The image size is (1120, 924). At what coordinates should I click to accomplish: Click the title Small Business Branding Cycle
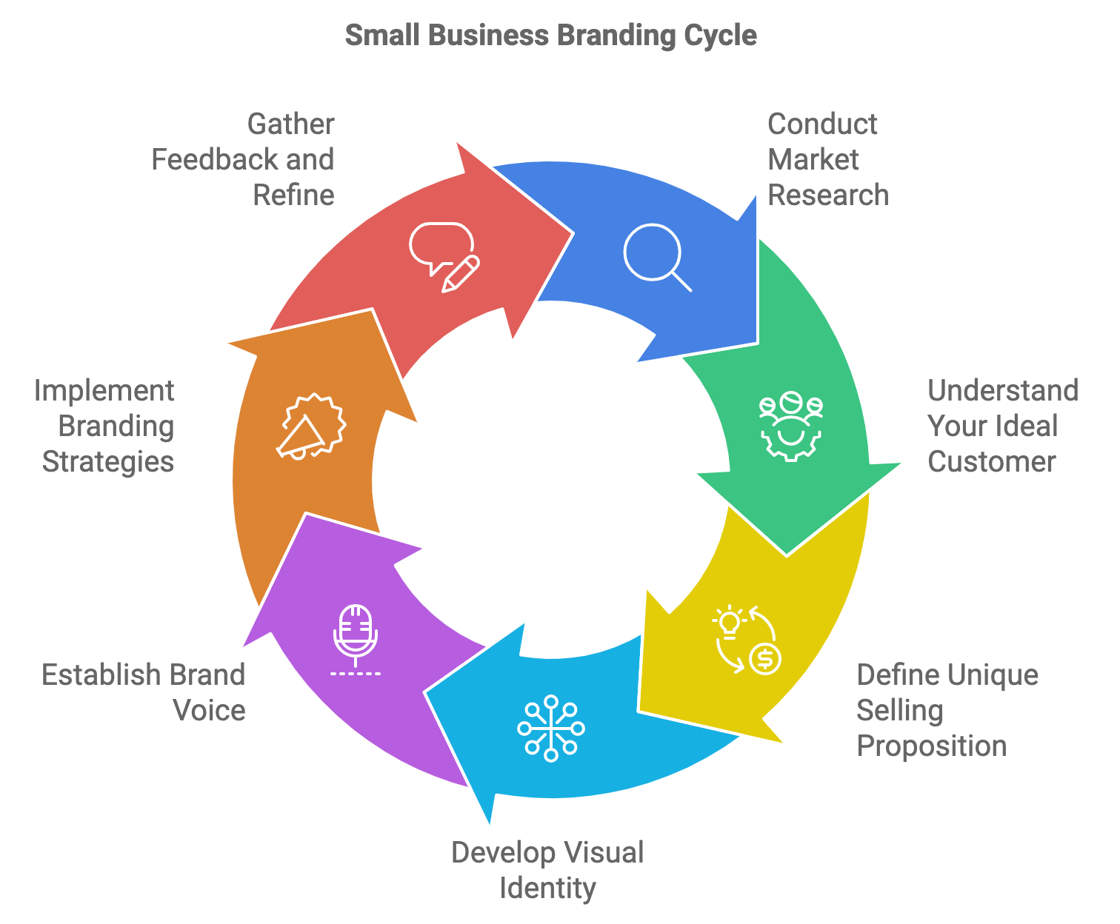551,36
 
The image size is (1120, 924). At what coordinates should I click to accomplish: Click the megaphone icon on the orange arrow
311,428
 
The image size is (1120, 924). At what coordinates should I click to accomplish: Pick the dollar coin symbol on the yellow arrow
764,657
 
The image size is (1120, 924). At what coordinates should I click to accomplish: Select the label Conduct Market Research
827,160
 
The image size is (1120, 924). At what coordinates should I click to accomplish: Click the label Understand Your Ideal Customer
1002,426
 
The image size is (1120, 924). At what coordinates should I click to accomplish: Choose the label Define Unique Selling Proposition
947,711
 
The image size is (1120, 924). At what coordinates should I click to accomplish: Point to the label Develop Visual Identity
547,870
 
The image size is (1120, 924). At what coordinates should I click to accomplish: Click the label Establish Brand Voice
144,692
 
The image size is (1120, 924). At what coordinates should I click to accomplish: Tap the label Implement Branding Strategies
105,426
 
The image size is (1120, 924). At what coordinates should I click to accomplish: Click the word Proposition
931,746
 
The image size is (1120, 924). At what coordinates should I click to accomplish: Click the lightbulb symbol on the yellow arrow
730,620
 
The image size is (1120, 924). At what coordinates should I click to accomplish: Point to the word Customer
991,462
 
